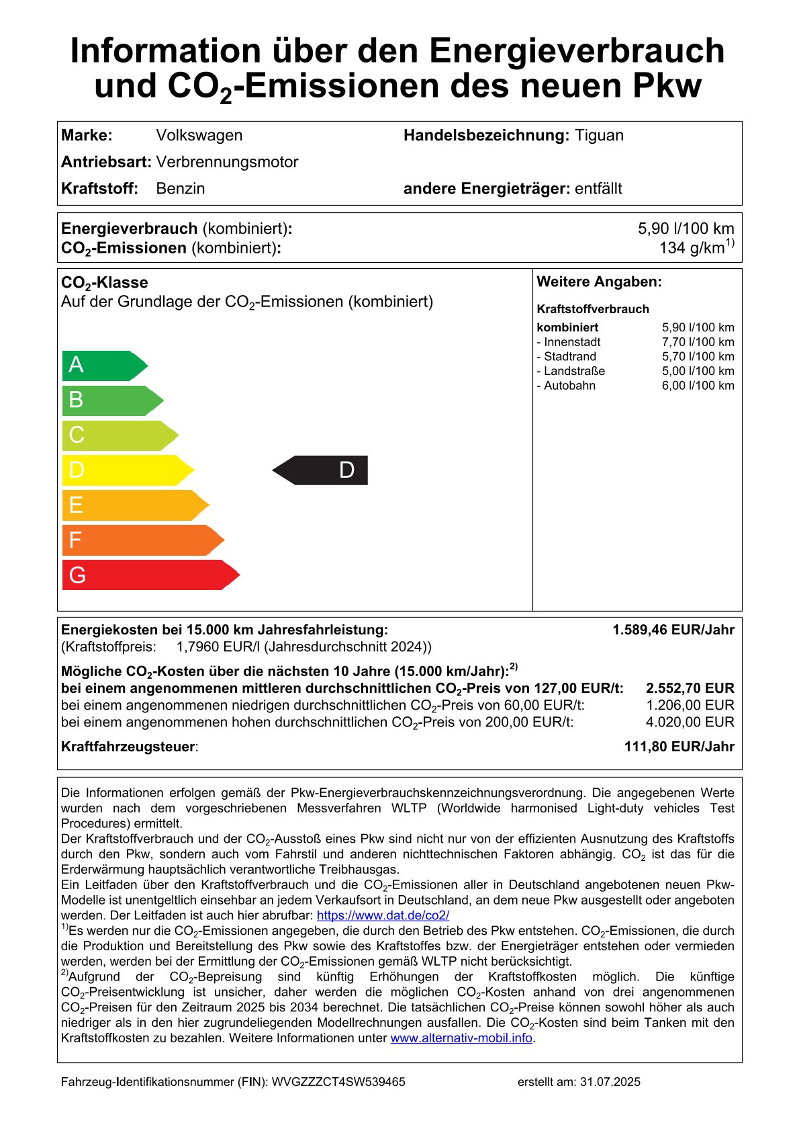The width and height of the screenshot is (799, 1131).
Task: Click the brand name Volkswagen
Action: point(199,135)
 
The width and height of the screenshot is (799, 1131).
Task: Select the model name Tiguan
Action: point(599,135)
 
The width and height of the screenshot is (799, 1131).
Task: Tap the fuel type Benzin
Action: point(180,188)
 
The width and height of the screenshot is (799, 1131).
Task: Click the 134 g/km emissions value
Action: point(696,248)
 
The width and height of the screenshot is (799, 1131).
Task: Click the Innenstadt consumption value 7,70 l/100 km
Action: point(698,342)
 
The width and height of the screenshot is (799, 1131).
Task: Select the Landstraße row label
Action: point(571,371)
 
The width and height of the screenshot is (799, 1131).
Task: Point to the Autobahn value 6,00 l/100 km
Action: point(698,386)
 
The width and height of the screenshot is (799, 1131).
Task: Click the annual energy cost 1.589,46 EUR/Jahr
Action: point(673,630)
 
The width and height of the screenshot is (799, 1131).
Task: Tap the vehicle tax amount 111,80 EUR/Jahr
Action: point(679,747)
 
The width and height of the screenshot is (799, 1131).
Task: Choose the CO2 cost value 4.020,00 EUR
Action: point(690,722)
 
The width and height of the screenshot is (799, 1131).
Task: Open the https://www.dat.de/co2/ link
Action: point(383,915)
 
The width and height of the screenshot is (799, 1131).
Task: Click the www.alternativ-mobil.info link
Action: point(461,1038)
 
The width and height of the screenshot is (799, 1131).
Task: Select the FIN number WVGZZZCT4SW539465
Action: point(338,1082)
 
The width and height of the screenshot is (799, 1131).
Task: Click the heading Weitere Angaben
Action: point(599,282)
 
